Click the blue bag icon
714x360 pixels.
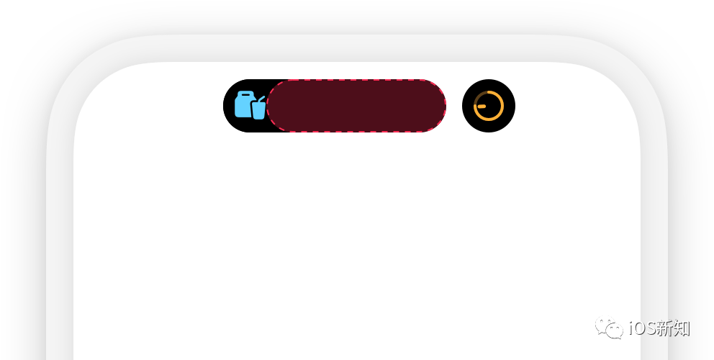tap(244, 105)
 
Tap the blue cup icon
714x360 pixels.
tap(258, 110)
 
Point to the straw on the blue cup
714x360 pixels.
tap(262, 99)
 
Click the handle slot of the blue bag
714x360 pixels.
tap(245, 94)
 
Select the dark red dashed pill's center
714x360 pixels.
tap(356, 106)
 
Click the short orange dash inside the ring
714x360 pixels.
tap(482, 107)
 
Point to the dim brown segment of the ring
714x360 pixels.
tap(478, 97)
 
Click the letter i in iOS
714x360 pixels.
tap(631, 329)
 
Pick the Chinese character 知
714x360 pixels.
tap(682, 329)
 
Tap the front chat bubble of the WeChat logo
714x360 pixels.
tap(614, 331)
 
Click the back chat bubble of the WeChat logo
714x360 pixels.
tap(603, 325)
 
